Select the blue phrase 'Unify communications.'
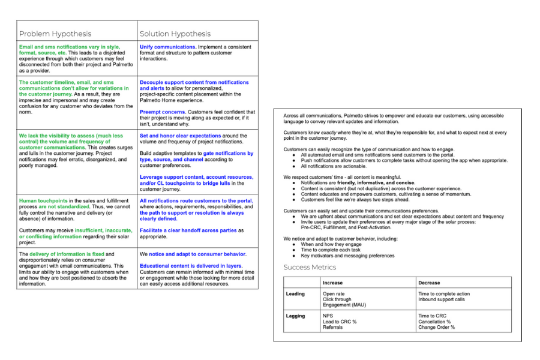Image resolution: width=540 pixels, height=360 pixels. point(168,47)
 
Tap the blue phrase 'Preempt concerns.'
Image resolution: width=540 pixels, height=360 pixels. point(164,112)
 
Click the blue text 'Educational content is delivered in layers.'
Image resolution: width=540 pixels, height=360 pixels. point(191,266)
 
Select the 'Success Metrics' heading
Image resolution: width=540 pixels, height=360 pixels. point(310,267)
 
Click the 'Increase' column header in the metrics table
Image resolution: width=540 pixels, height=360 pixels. point(333,283)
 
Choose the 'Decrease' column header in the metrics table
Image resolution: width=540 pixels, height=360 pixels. point(429,283)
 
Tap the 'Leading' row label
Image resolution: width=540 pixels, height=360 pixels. point(295,294)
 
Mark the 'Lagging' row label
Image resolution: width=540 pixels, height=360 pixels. point(296,316)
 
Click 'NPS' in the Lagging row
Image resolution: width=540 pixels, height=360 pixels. point(328,316)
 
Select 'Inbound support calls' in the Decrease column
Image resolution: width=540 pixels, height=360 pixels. point(441,299)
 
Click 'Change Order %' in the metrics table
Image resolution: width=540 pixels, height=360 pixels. point(436,327)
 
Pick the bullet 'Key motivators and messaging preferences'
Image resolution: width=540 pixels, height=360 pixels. point(347,256)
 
